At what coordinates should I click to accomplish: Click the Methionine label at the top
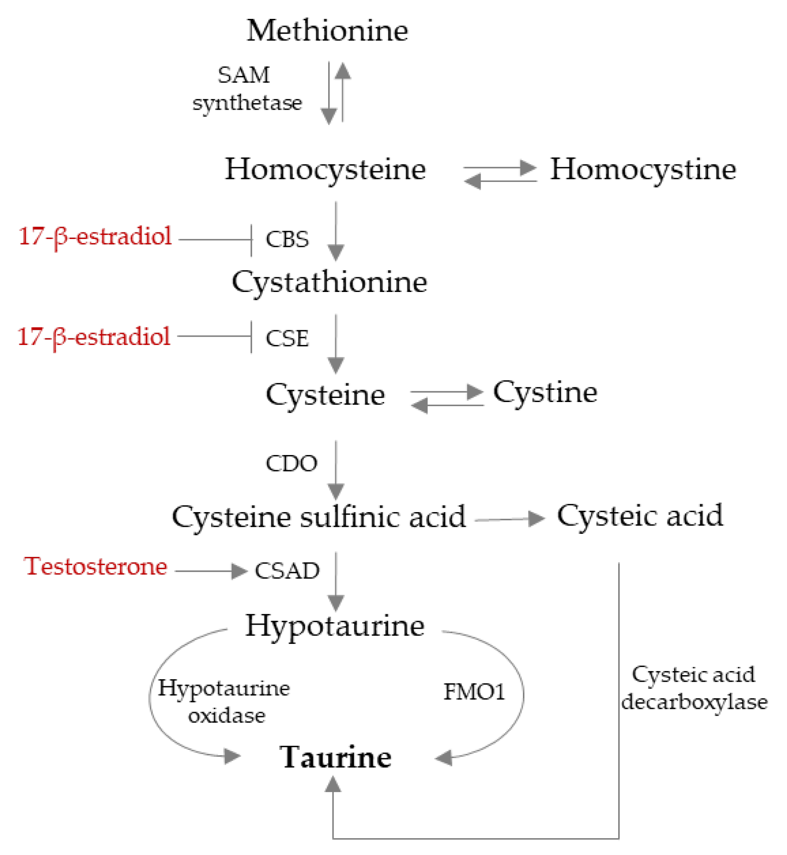[327, 31]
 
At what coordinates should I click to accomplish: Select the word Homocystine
[643, 170]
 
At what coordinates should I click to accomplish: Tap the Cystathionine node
[329, 282]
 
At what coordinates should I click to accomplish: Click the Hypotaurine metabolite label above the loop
[335, 626]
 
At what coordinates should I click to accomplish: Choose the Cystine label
[545, 392]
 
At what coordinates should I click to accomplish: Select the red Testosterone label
[96, 566]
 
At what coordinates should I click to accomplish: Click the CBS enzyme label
[287, 239]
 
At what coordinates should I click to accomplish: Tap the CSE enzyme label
[287, 338]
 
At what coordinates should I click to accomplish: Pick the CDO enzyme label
[291, 463]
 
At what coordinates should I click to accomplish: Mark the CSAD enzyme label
[287, 570]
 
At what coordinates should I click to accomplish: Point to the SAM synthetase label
[247, 89]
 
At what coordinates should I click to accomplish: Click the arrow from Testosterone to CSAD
[210, 571]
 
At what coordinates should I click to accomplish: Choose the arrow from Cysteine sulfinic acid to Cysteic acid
[509, 519]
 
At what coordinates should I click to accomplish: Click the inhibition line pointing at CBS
[215, 240]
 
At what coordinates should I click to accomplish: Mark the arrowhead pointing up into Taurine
[333, 784]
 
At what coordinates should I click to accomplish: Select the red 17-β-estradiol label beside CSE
[94, 336]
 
